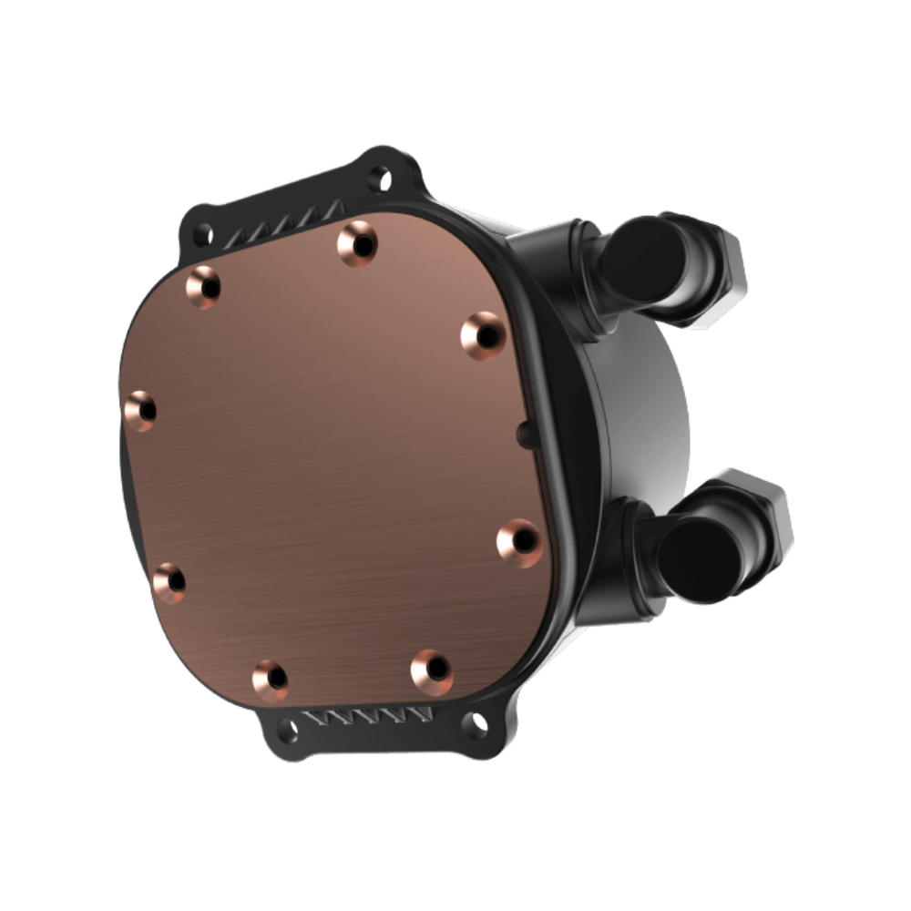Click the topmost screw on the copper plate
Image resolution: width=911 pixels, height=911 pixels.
[x=355, y=242]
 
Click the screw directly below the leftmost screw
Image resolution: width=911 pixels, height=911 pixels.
[x=169, y=578]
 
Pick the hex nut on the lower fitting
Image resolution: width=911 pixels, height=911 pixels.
[x=765, y=510]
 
